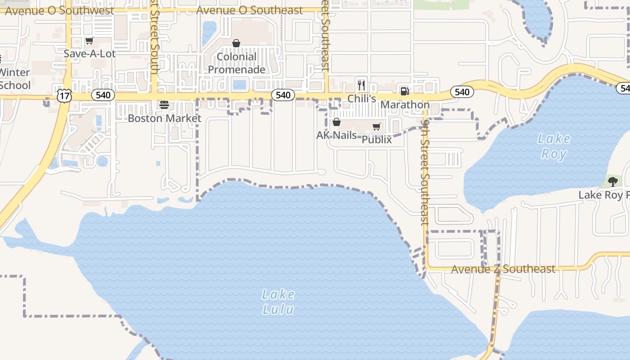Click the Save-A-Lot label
(90, 54)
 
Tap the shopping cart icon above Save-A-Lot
(89, 41)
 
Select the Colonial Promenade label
(236, 63)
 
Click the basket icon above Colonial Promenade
(236, 43)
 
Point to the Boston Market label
(164, 118)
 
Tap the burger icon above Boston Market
(164, 105)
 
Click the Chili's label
(361, 99)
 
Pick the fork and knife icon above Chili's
(361, 85)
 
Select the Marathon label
(405, 105)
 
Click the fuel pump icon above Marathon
(405, 91)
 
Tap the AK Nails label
(337, 135)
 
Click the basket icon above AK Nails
(336, 122)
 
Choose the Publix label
(377, 139)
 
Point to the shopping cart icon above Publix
(377, 126)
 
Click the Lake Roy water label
(554, 146)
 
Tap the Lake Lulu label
(279, 302)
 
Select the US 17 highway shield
(64, 95)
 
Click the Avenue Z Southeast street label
(503, 269)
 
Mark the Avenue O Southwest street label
(59, 10)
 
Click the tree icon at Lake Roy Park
(612, 181)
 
